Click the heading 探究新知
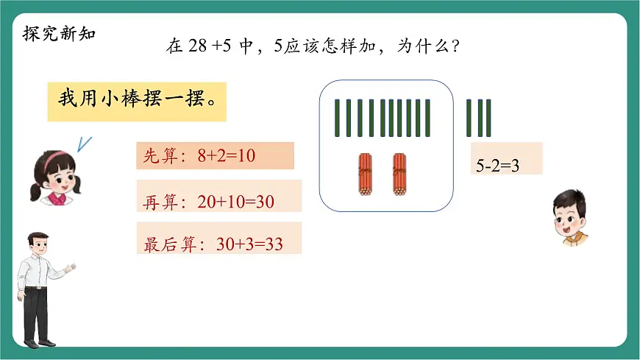(59, 34)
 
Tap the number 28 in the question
(197, 47)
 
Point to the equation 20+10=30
(235, 201)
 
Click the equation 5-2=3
(498, 166)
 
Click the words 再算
(160, 201)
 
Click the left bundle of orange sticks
(365, 174)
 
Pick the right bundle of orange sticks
(399, 174)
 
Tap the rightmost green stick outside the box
(487, 118)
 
